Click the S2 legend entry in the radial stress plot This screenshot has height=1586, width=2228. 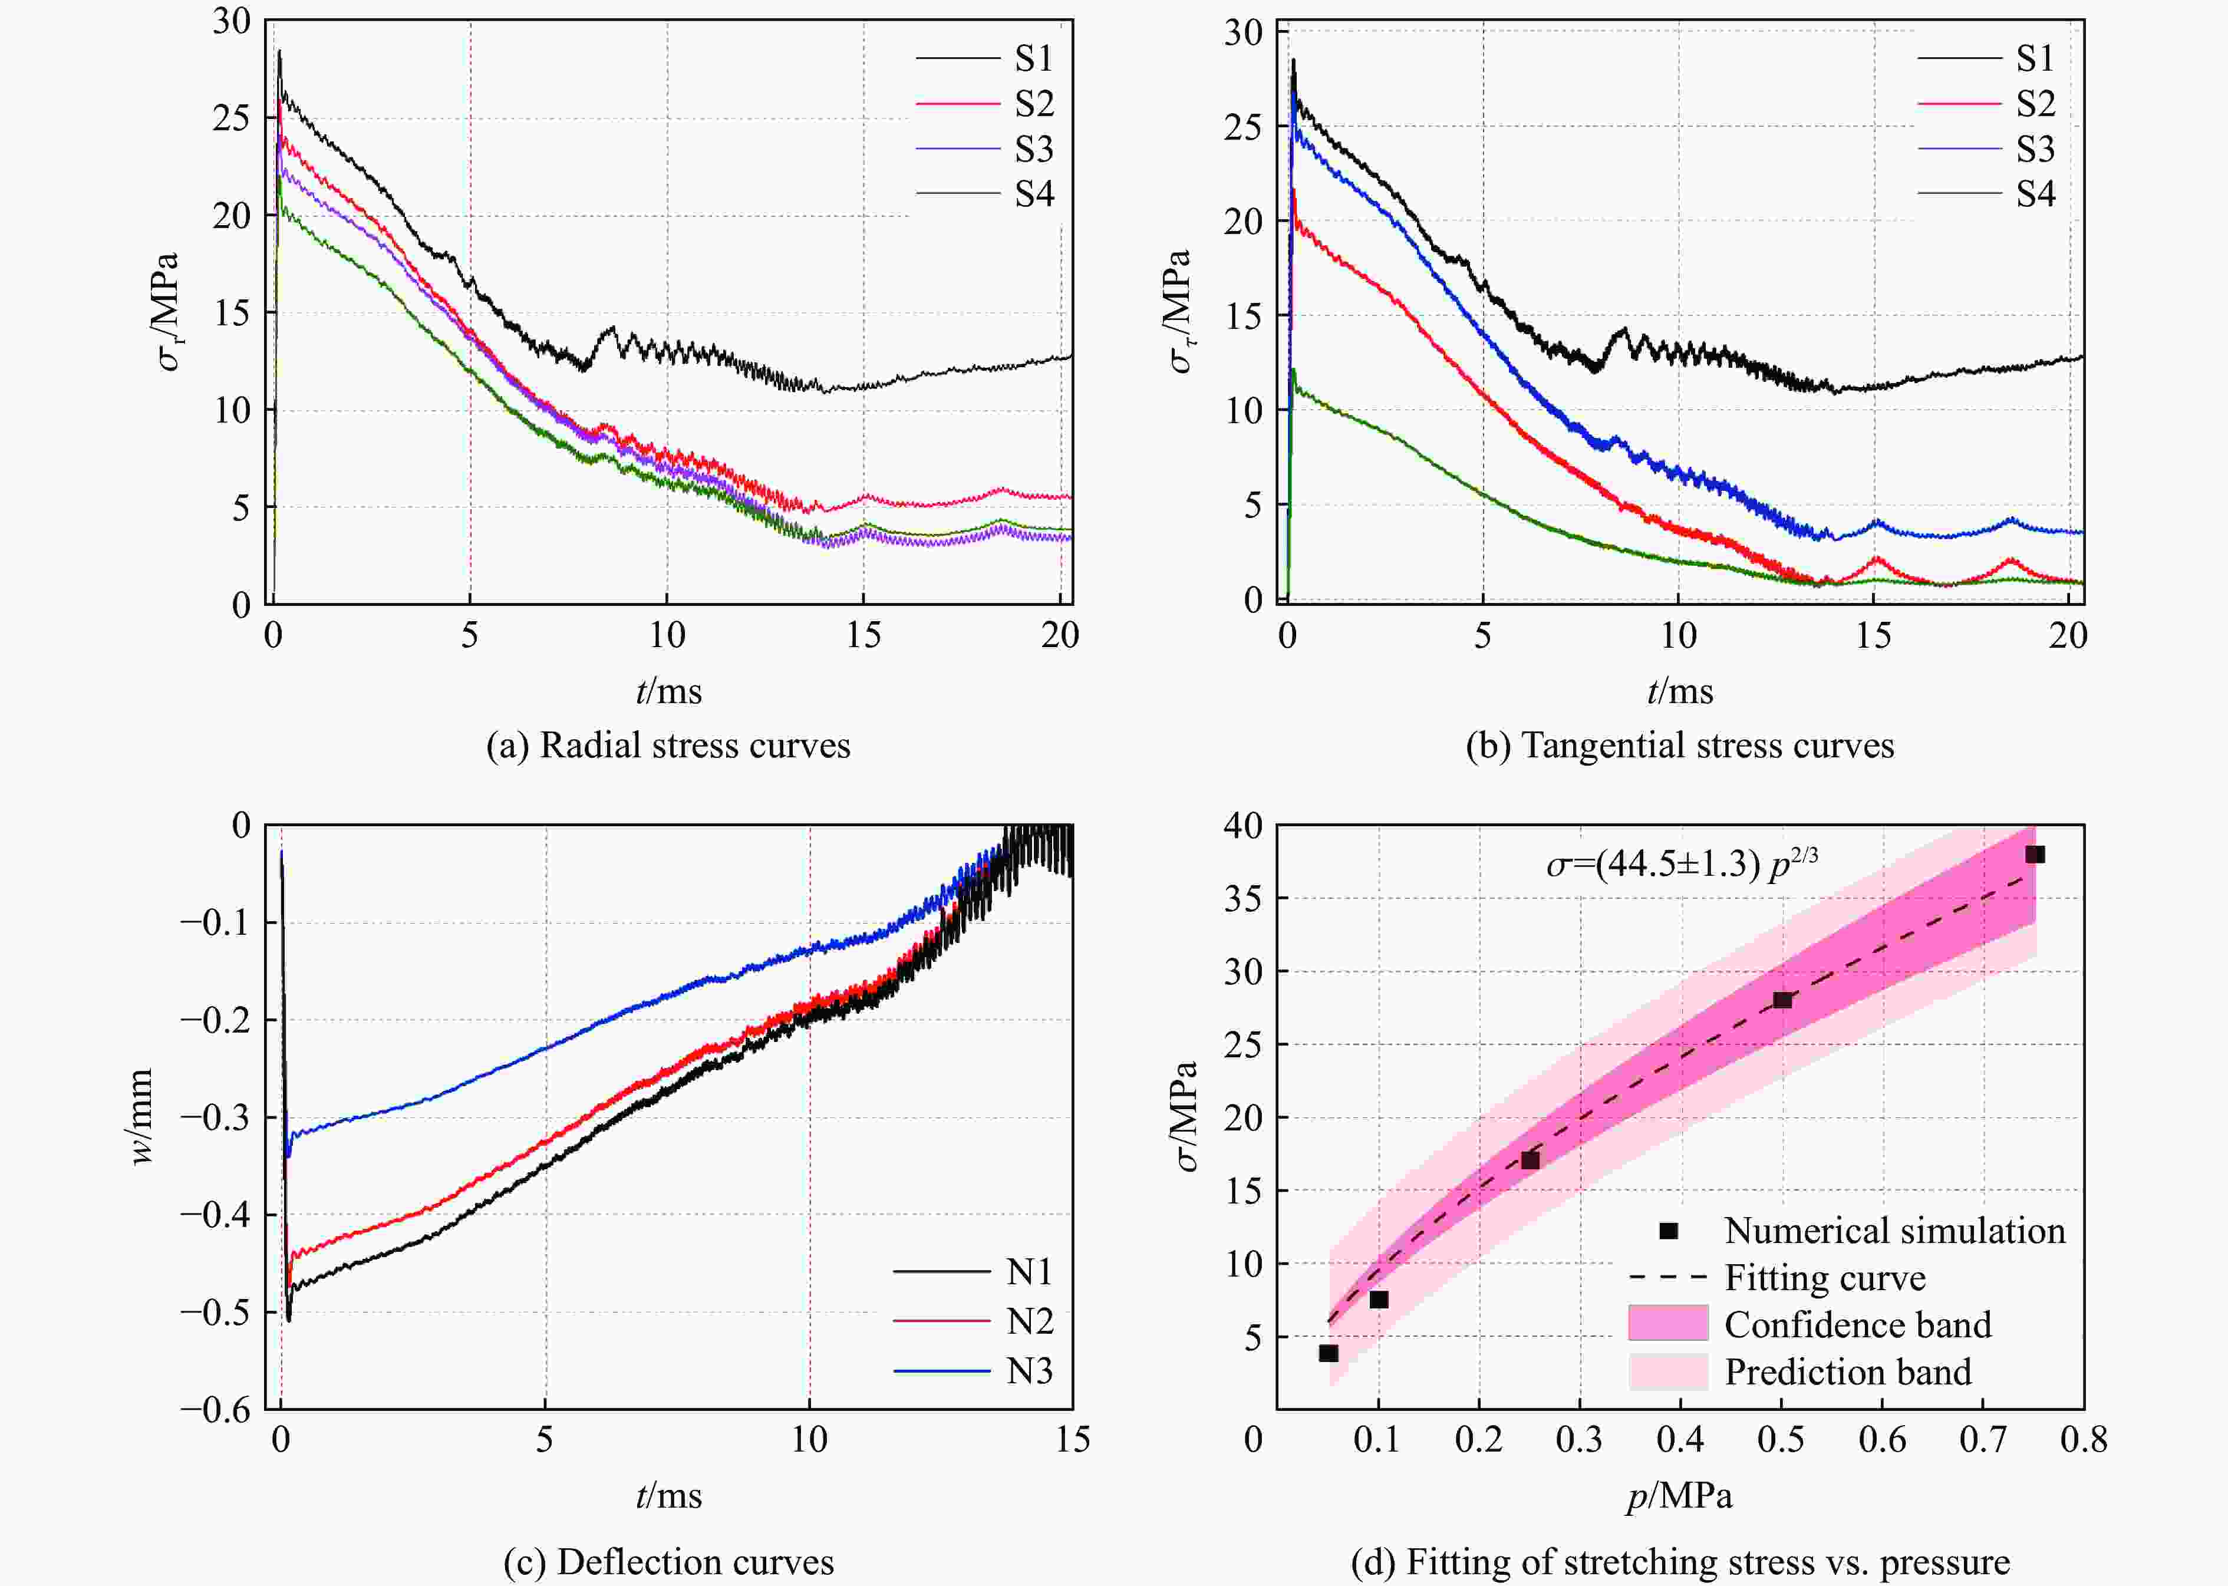pyautogui.click(x=1033, y=104)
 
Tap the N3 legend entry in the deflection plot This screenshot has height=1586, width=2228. pyautogui.click(x=1030, y=1371)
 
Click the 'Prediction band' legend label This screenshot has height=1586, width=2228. pyautogui.click(x=1847, y=1372)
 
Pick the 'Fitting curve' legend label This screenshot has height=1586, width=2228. pyautogui.click(x=1825, y=1277)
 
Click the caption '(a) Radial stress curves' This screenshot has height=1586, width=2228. pyautogui.click(x=668, y=745)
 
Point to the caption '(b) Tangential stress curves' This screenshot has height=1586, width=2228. pyautogui.click(x=1679, y=745)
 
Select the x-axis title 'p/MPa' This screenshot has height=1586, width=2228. pyautogui.click(x=1679, y=1495)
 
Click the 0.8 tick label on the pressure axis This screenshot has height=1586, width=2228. pyautogui.click(x=2084, y=1439)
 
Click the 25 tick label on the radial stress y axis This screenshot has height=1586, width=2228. pyautogui.click(x=232, y=118)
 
